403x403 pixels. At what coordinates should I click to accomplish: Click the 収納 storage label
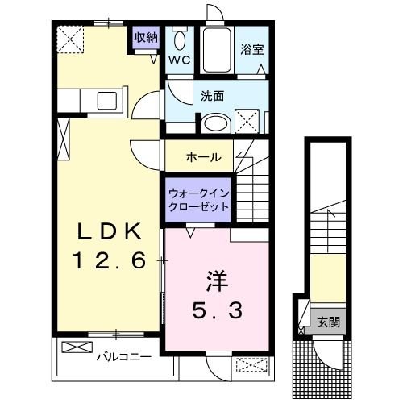pos(146,37)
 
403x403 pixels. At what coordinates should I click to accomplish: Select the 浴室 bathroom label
pos(252,48)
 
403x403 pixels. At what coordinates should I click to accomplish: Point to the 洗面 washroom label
pos(213,95)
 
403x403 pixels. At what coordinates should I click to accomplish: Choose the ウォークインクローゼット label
pos(198,199)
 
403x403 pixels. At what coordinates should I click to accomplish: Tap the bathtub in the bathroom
pos(215,50)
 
